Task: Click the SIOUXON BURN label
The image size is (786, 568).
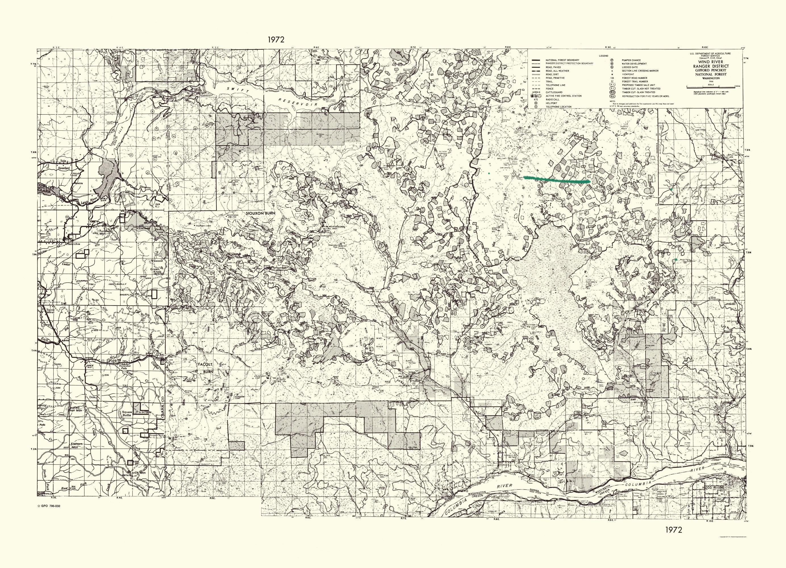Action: click(x=260, y=213)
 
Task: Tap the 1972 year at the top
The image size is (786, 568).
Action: click(x=276, y=39)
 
